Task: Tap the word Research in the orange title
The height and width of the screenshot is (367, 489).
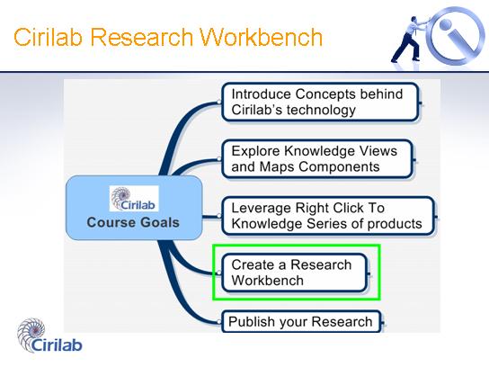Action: pos(142,37)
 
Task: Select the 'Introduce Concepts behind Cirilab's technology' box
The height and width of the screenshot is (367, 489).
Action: pos(320,102)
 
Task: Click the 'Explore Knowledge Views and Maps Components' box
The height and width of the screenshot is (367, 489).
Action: pos(317,159)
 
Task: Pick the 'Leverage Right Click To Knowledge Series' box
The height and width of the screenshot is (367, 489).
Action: pos(328,216)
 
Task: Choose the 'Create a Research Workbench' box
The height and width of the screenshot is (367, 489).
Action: pos(295,273)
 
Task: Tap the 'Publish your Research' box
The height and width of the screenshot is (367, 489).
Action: pos(301,321)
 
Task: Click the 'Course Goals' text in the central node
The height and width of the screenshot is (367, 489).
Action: pos(133,222)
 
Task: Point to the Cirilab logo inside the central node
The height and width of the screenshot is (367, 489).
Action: pos(134,199)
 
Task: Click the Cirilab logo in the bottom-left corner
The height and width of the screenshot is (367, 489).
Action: pos(49,336)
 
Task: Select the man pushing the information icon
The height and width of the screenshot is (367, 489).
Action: pos(408,39)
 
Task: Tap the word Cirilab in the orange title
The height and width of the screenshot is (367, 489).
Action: pos(49,37)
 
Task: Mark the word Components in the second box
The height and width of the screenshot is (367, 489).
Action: pos(339,167)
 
